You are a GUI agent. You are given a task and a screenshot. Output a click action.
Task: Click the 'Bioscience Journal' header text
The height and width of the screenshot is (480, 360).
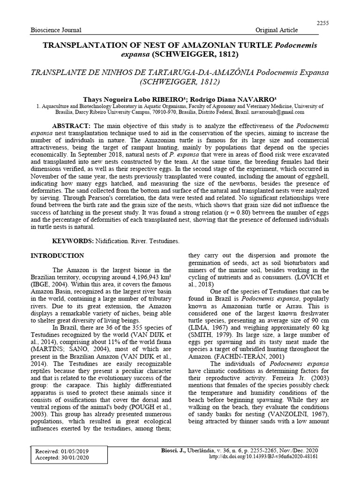tap(56, 30)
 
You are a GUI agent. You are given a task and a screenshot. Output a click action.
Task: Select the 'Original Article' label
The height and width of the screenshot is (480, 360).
tap(277, 30)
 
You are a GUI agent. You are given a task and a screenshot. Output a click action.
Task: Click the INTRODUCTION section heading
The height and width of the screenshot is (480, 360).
tap(57, 256)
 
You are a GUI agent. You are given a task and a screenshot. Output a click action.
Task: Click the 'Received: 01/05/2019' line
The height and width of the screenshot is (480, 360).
tap(62, 451)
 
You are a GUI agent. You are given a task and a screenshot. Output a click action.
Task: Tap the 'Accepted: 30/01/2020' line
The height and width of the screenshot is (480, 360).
tap(62, 458)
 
